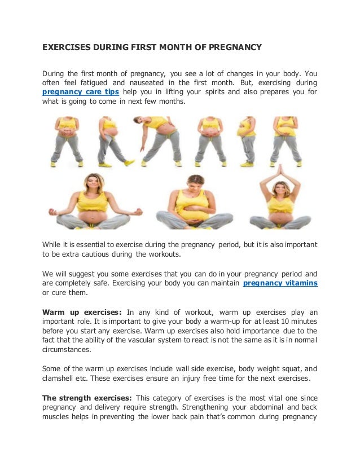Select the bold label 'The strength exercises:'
click(87, 398)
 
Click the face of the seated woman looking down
click(195, 183)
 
